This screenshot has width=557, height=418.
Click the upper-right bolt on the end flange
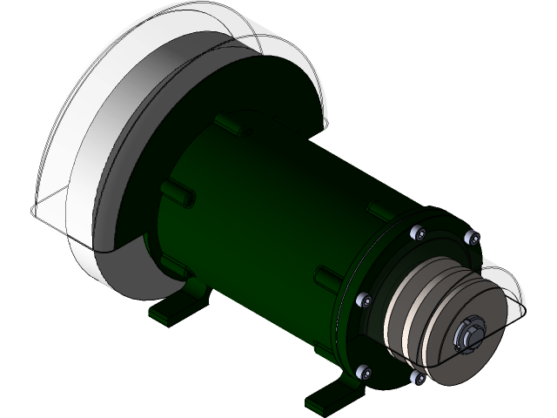point(471,236)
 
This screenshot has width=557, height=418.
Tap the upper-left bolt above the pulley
point(417,233)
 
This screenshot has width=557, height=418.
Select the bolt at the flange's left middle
point(364,300)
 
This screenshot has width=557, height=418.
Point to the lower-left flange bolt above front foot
point(365,370)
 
